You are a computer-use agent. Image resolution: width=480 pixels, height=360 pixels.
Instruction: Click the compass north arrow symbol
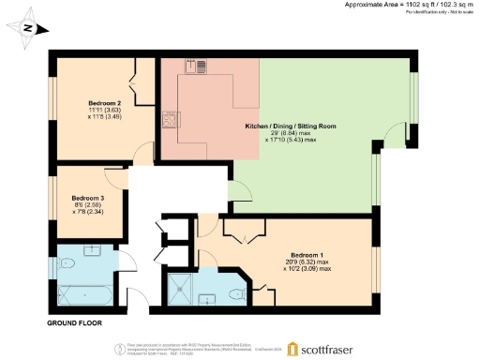28,28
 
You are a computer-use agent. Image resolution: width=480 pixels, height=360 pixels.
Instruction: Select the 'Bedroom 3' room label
88,198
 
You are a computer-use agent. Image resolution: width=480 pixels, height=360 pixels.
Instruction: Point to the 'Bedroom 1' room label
307,255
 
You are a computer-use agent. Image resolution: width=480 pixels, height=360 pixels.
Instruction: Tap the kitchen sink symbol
199,66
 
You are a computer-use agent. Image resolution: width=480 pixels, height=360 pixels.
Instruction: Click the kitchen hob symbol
170,120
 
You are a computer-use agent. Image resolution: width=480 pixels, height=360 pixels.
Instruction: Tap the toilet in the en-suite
238,293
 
